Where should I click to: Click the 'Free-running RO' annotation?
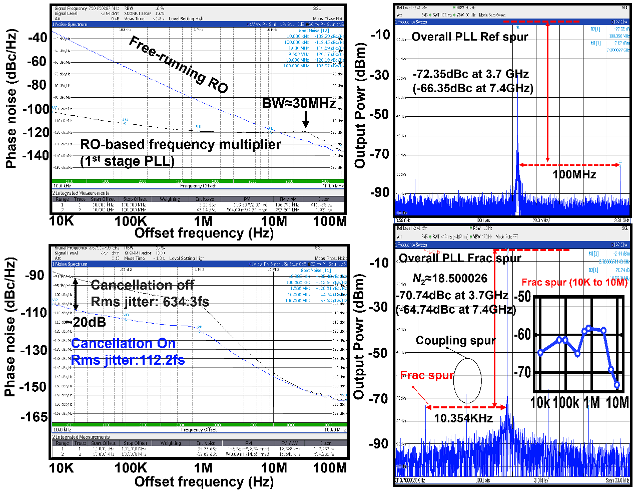[178, 65]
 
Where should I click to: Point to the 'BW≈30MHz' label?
[299, 104]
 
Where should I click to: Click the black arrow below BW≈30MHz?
[305, 119]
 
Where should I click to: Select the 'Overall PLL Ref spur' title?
[469, 37]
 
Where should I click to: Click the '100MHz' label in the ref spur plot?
[574, 174]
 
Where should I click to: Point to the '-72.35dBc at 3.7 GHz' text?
[470, 74]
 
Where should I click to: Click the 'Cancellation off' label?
[142, 285]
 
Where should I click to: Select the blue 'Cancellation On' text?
[123, 343]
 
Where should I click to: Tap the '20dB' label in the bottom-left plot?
[89, 322]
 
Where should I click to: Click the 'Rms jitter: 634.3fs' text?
[150, 302]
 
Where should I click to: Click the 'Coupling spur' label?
[455, 341]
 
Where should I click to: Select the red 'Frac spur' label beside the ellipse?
[427, 375]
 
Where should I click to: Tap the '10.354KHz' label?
[463, 418]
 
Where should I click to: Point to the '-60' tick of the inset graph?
[522, 334]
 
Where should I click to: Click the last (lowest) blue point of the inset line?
[617, 385]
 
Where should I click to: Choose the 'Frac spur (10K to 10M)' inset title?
[574, 283]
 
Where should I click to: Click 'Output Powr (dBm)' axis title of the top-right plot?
[360, 105]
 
